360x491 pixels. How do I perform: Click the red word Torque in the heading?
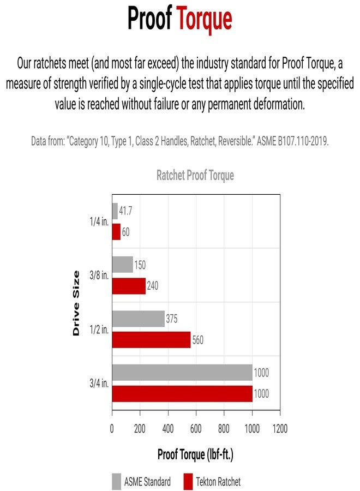pos(204,19)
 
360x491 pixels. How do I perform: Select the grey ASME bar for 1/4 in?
pos(115,211)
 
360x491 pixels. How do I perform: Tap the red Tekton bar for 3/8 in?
pos(129,286)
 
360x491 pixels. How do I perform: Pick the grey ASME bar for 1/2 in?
pos(138,319)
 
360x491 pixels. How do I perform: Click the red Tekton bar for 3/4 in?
pos(182,393)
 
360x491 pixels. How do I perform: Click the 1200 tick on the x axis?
pos(280,429)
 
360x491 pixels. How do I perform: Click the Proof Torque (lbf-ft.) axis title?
pos(195,454)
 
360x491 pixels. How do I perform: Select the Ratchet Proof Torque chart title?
pos(195,176)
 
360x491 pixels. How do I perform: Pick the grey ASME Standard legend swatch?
pos(117,481)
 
